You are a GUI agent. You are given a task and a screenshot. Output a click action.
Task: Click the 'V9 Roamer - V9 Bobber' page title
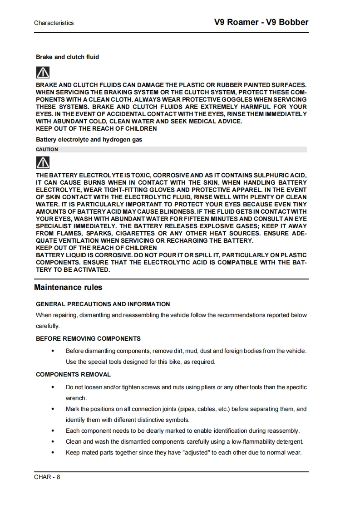coord(261,22)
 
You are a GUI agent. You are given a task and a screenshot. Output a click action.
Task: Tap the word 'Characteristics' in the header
coord(54,23)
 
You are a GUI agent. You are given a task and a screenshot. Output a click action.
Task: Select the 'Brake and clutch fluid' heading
coord(67,57)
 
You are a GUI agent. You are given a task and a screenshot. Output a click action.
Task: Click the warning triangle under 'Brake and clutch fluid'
coord(43,72)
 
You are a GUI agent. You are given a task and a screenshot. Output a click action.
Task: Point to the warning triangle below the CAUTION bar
coord(43,162)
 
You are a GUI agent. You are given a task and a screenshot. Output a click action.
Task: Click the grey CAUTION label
coord(47,149)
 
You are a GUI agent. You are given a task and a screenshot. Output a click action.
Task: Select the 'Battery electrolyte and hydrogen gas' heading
coord(89,140)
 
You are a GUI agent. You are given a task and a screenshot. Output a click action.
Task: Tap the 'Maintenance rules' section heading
coord(68,287)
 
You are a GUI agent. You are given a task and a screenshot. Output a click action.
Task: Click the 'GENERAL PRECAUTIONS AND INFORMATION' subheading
coord(103,304)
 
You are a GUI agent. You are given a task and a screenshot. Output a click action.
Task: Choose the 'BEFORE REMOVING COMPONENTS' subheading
coord(88,338)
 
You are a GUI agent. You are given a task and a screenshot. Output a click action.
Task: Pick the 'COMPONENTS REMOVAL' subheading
coord(73,375)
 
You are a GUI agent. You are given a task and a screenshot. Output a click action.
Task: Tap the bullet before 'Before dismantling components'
coord(54,351)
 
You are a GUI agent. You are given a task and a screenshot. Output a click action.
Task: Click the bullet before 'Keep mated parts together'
coord(54,453)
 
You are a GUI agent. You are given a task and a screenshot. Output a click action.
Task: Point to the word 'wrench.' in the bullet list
coord(76,398)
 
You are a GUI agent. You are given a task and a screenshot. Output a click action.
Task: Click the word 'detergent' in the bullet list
coord(289,442)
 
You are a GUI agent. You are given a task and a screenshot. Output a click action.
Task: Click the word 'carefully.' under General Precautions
coord(48,326)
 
